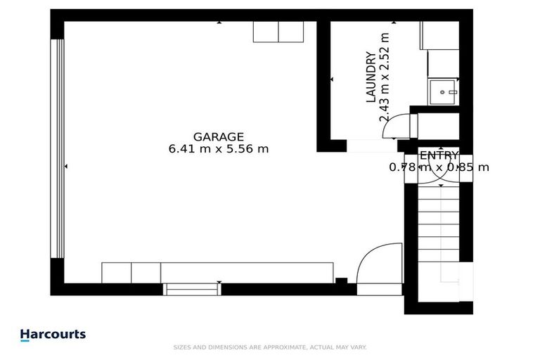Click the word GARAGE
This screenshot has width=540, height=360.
219,137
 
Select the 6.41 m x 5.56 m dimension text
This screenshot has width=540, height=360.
219,149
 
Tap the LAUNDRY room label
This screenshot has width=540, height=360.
371,77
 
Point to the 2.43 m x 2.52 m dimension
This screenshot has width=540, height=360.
384,77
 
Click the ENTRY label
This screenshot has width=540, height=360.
439,155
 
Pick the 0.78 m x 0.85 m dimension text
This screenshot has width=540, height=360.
439,167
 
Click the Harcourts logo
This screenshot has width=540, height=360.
53,335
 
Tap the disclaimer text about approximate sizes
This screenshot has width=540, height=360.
269,347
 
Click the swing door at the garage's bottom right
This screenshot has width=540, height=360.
380,264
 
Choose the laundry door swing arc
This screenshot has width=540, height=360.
399,125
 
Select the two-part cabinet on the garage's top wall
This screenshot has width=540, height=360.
278,32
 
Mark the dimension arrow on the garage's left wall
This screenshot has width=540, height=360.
66,167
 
